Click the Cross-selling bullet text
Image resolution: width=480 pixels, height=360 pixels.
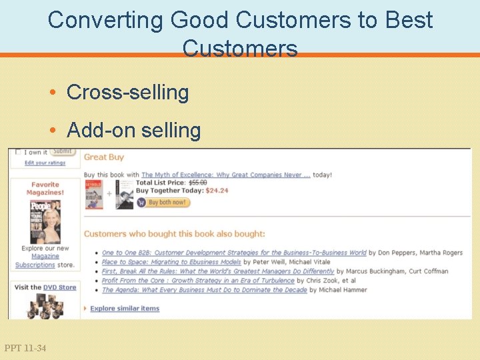click(128, 92)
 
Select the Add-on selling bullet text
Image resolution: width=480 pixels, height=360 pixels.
click(134, 130)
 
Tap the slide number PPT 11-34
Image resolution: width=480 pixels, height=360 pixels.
click(25, 348)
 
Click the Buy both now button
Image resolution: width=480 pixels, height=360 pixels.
click(164, 202)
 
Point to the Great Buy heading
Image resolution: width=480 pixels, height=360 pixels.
click(104, 157)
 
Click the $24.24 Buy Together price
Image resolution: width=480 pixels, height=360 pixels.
click(217, 190)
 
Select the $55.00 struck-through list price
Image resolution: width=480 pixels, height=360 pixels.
click(198, 182)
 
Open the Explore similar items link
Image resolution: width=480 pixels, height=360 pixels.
click(125, 308)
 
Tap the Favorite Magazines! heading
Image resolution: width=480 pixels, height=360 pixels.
click(45, 189)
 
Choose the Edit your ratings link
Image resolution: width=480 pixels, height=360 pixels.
click(45, 163)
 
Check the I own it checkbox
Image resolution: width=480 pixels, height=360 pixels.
click(19, 152)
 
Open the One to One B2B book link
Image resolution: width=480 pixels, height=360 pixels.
click(234, 253)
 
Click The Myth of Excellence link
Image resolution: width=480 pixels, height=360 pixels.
click(226, 175)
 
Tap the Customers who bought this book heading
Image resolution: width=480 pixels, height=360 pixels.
click(175, 234)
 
